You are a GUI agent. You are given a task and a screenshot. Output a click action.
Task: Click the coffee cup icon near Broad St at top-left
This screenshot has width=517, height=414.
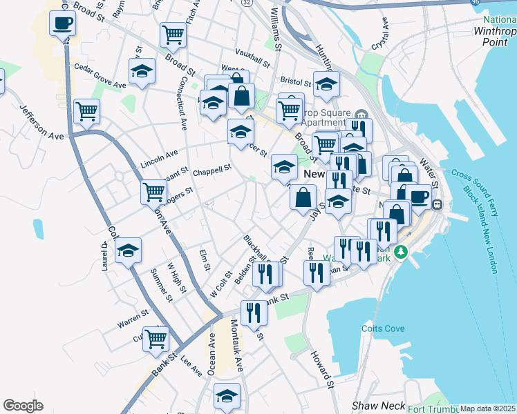[x=62, y=24]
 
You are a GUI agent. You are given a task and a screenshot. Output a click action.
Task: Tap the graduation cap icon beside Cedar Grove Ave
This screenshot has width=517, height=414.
[x=142, y=72]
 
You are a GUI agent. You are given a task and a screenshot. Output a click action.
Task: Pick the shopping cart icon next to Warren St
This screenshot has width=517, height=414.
[x=156, y=339]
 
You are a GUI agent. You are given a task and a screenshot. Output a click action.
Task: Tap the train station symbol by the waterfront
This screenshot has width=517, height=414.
[x=438, y=204]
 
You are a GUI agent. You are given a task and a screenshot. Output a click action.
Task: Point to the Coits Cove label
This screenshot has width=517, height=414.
[x=383, y=328]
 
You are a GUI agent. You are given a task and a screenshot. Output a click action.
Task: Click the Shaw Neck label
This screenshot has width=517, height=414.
[x=372, y=406]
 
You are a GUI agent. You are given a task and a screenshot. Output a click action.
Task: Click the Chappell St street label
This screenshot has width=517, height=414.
[x=211, y=170]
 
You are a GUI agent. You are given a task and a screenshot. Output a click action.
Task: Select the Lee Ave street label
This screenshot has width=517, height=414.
[x=191, y=365]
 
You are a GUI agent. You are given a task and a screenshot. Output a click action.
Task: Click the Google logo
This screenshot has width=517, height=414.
[x=23, y=406]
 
